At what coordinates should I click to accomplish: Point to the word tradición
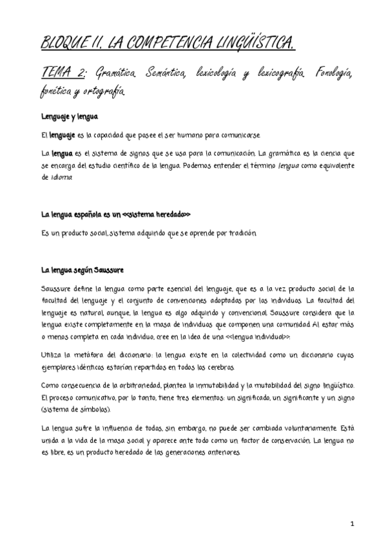point(235,232)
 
